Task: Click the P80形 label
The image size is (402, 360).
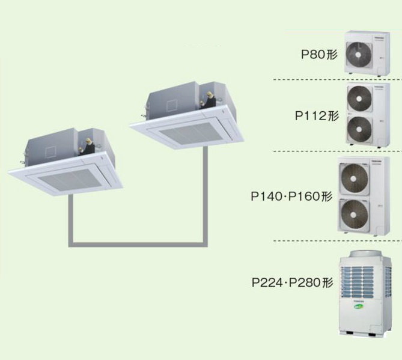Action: coord(319,55)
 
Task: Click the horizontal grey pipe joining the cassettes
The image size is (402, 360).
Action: coord(138,244)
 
